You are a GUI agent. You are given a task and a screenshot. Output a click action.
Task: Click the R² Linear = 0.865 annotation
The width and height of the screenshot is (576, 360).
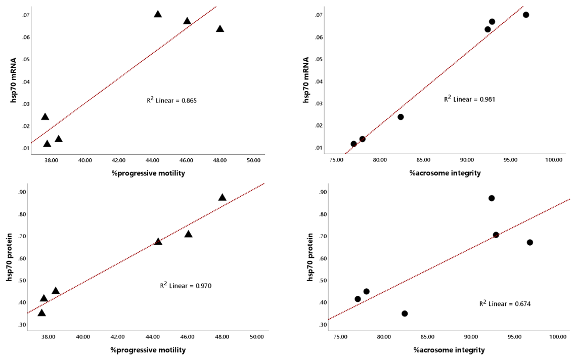coord(171,101)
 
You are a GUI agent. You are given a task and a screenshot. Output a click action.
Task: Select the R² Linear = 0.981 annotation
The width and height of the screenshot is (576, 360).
coord(469,99)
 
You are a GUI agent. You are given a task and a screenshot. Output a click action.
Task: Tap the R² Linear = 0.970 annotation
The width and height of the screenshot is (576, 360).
coord(186,286)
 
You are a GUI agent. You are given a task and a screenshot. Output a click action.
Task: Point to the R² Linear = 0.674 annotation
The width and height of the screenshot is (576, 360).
coord(505,304)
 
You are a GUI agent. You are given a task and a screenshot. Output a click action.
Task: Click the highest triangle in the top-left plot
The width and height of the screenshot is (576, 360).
coord(158,14)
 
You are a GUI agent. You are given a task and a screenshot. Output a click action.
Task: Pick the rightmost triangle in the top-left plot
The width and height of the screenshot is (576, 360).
coord(220,29)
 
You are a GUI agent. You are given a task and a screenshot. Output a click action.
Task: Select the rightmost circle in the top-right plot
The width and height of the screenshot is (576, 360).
coord(526,15)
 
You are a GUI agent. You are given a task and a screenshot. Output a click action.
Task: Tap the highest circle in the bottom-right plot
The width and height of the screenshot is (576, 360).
coord(492,198)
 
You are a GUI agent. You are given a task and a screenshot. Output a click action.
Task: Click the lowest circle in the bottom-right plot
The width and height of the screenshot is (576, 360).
coord(405,313)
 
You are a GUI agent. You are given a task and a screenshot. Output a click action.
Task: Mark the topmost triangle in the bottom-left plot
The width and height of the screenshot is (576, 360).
coord(222,197)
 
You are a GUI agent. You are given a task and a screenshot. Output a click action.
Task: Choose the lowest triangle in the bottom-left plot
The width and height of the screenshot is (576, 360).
coord(41,313)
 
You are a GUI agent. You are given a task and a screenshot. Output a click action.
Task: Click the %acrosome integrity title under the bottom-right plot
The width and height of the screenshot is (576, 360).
coord(449,350)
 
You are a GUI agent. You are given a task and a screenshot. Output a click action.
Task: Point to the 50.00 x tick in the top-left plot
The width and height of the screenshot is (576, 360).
coord(253,160)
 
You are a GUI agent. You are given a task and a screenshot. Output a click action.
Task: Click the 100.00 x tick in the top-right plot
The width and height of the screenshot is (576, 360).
coord(554,160)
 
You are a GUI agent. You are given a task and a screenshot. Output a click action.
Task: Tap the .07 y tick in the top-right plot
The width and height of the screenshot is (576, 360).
coord(320,15)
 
